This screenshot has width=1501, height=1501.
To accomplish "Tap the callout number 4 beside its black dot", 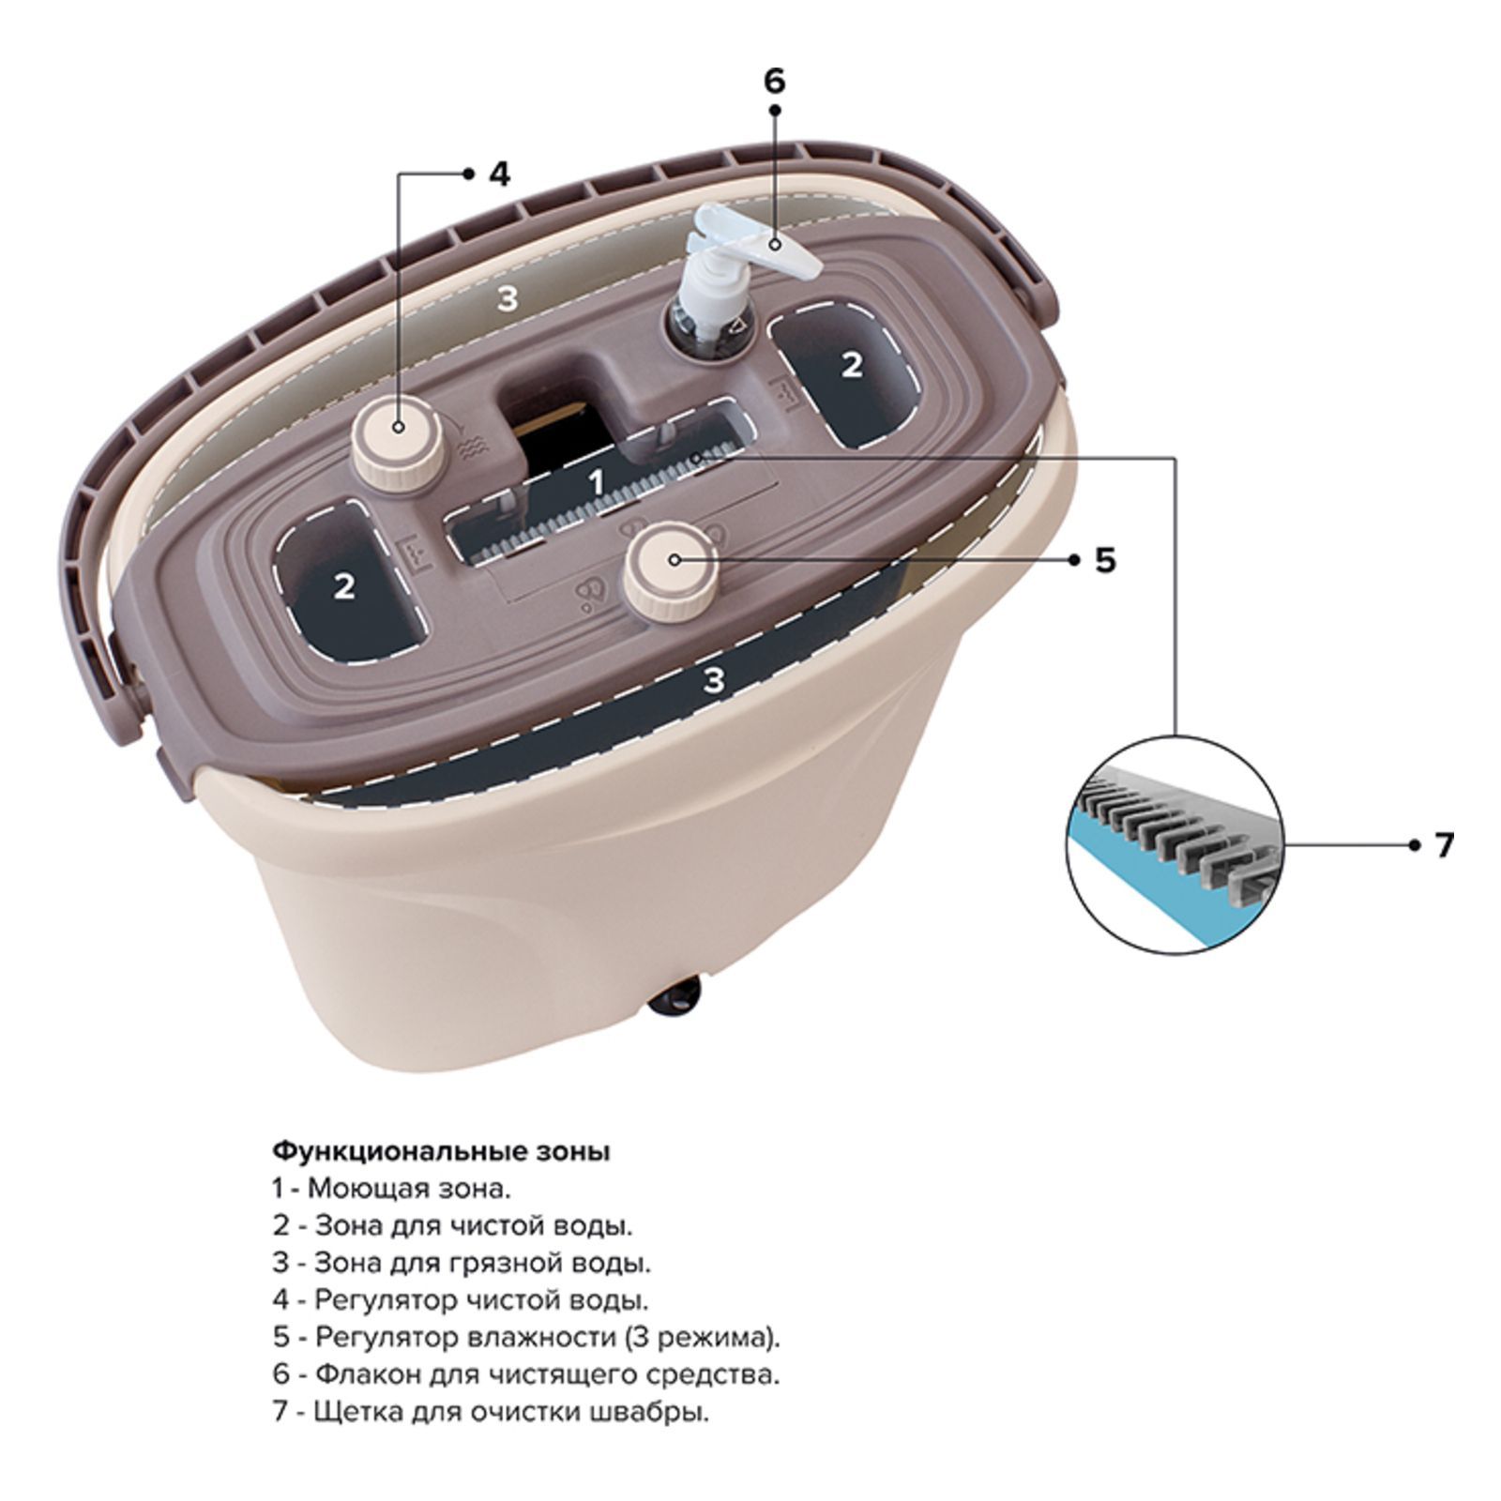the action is click(x=499, y=174).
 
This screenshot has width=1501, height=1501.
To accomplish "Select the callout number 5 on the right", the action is click(x=1105, y=561).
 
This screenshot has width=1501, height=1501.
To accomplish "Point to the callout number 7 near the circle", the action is click(x=1444, y=844).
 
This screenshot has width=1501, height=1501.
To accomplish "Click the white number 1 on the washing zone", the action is click(x=596, y=482).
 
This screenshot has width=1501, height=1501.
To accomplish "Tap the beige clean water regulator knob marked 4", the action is click(x=398, y=435).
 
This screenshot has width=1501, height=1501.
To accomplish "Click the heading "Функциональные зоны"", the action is click(x=441, y=1151).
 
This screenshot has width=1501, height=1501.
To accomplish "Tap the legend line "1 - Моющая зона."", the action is click(x=391, y=1189).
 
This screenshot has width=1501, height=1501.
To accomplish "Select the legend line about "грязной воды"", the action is click(x=462, y=1263).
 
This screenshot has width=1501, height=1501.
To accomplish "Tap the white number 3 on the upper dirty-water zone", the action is click(x=507, y=299).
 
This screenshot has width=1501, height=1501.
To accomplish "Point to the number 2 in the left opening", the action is click(x=345, y=586).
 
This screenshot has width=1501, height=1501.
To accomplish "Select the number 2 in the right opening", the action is click(x=851, y=364).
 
